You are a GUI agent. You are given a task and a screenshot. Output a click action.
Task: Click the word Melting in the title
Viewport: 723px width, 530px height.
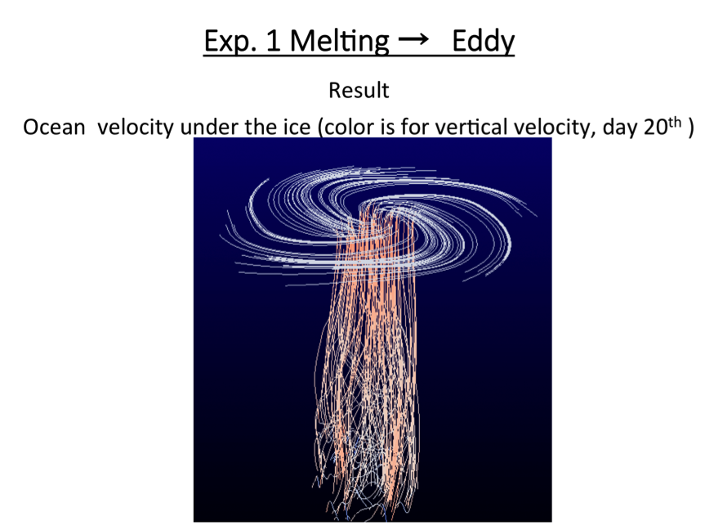(339, 42)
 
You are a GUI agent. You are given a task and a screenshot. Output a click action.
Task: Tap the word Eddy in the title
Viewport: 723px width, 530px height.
(483, 42)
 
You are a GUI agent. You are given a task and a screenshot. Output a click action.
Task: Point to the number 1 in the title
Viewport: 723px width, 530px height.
(273, 41)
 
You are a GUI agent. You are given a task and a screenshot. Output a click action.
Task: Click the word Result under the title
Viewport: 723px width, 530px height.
(359, 91)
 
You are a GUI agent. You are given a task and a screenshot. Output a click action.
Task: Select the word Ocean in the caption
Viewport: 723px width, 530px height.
(54, 128)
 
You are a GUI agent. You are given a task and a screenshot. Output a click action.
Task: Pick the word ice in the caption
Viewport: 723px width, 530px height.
(297, 128)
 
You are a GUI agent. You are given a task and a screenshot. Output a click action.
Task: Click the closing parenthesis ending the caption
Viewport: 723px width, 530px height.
(690, 128)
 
